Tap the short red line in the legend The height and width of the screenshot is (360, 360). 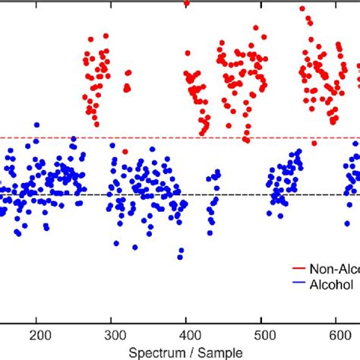[x=299, y=269]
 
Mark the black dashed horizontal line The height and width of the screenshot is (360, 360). [x=228, y=195]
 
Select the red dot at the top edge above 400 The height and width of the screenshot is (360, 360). [x=187, y=3]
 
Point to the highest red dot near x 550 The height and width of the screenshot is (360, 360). [x=302, y=8]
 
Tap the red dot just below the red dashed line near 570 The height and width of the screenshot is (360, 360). [x=314, y=143]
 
